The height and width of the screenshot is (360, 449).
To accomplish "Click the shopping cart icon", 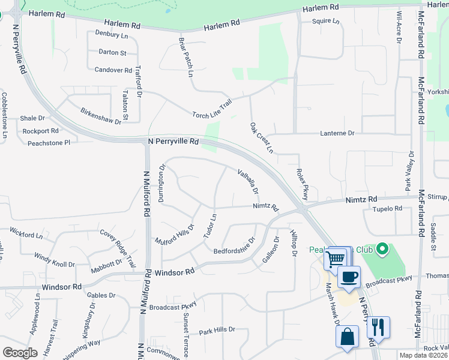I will pos(336,259).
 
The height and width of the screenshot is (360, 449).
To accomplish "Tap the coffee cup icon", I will pos(349,277).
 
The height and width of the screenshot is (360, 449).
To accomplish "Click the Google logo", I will pos(20,353).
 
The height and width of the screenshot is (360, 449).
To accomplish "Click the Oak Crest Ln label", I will pos(261,137).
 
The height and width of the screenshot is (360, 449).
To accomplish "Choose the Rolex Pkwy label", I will pos(302,184).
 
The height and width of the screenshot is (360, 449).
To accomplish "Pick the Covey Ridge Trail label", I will pos(118,248).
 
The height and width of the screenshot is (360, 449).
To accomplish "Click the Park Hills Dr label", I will pos(217,330).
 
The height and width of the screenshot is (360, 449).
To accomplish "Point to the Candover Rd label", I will pos(113,70).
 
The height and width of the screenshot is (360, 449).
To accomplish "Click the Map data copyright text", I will pos(423,355).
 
